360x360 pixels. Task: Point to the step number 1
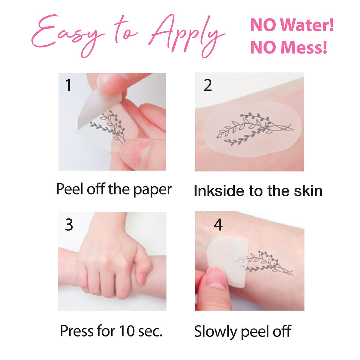pos(69,85)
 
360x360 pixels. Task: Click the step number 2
pos(208,85)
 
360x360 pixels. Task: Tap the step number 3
pos(69,224)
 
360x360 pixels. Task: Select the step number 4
pos(218,224)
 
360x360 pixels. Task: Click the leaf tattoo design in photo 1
pos(109,126)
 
